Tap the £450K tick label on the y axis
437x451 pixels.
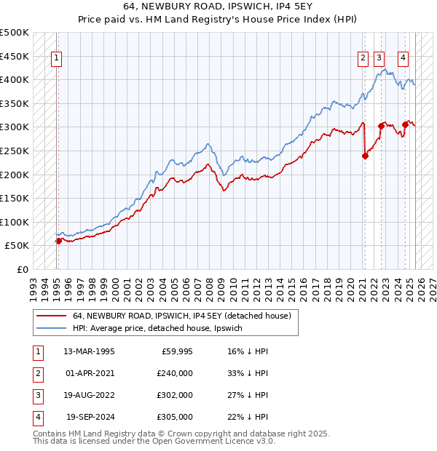(15, 56)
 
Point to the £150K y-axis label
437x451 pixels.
(15, 198)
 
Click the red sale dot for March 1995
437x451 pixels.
(58, 241)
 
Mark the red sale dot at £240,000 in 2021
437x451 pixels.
(366, 155)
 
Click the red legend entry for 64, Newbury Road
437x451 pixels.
(182, 316)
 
